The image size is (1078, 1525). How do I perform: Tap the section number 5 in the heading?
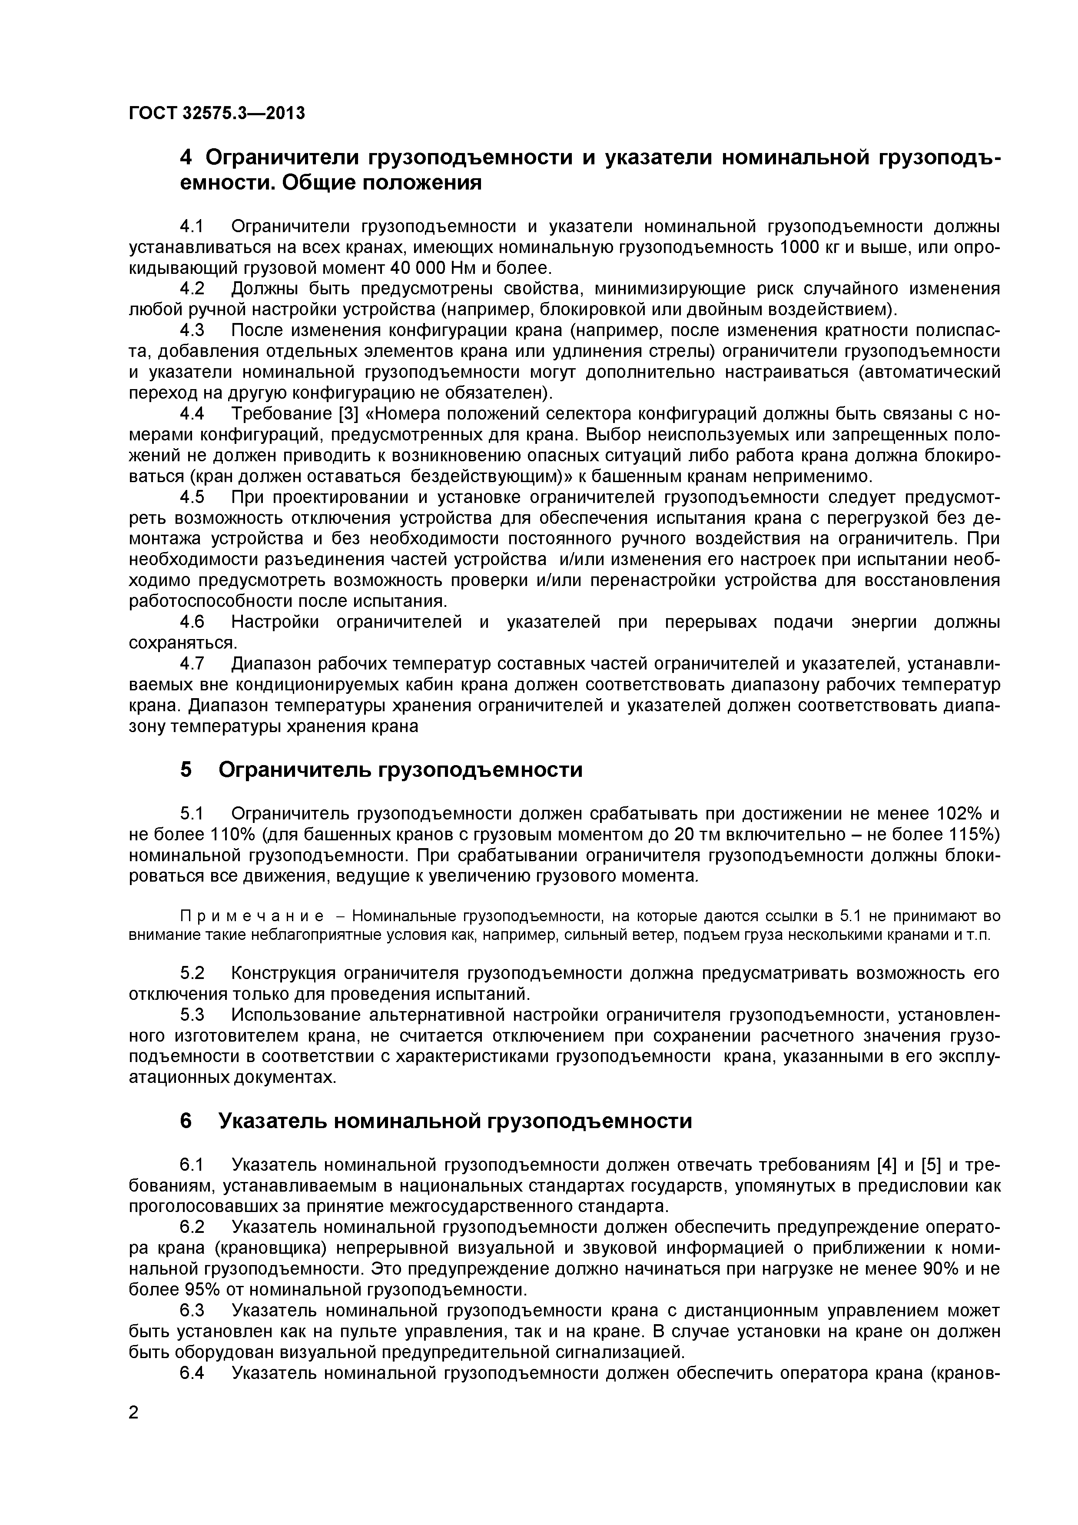(186, 770)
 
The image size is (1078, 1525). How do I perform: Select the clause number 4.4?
(192, 414)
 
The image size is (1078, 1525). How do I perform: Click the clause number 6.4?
(192, 1373)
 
